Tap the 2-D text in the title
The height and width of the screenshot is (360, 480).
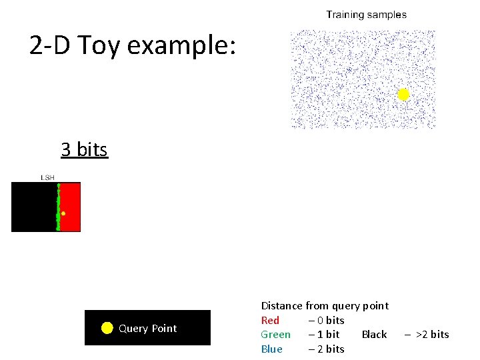click(x=51, y=45)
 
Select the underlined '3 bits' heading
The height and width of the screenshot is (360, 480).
click(x=84, y=149)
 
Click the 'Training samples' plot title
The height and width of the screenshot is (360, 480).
click(x=366, y=15)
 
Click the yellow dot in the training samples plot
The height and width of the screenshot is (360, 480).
click(x=403, y=95)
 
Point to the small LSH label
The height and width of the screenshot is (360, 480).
click(x=47, y=177)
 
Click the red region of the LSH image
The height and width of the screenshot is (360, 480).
click(x=71, y=207)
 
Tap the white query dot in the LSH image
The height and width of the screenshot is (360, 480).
click(x=63, y=213)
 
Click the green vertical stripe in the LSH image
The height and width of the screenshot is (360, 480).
click(x=58, y=200)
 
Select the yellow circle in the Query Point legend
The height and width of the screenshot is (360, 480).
click(x=107, y=327)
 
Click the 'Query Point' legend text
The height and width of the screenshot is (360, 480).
click(x=147, y=328)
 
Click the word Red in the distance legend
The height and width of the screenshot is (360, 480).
click(x=270, y=321)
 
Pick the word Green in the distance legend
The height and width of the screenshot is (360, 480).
click(x=275, y=335)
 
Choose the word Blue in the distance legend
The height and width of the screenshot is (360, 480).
click(x=271, y=349)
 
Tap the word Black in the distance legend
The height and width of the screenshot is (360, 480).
click(x=374, y=335)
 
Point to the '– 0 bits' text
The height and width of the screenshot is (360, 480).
click(x=326, y=321)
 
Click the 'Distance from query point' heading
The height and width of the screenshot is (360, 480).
click(x=324, y=306)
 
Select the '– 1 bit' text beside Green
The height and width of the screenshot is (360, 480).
click(x=323, y=335)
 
